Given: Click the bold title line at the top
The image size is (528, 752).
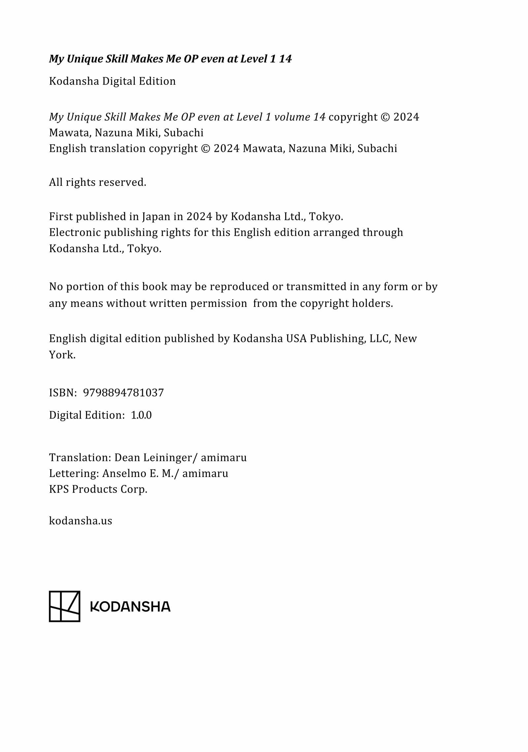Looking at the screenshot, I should (x=170, y=59).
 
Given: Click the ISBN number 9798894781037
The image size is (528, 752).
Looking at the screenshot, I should (x=123, y=393).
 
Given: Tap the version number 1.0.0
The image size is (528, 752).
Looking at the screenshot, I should (x=141, y=415).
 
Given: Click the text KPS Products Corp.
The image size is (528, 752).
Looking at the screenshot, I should (x=98, y=489).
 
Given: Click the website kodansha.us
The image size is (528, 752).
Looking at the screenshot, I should (x=81, y=521).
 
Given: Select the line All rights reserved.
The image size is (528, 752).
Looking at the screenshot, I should (x=97, y=182).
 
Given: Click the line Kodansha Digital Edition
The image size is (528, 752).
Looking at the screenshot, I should (x=112, y=81).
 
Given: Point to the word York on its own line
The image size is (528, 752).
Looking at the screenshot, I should (x=62, y=355).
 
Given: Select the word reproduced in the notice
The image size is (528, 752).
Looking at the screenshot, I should (x=239, y=287).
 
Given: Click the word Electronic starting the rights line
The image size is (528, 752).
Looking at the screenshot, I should (x=75, y=232).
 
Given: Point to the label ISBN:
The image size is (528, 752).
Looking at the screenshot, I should (x=63, y=393).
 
